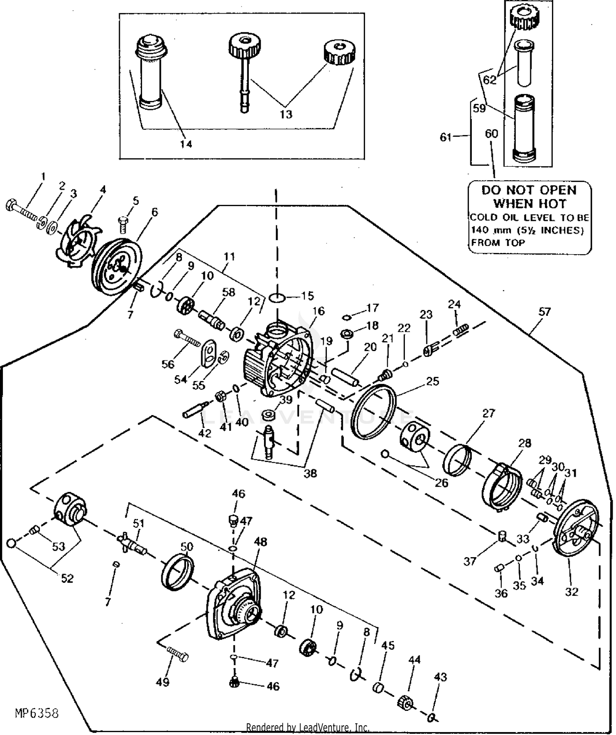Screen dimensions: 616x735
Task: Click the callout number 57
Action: click(544, 312)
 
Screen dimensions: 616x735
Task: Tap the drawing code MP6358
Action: click(37, 713)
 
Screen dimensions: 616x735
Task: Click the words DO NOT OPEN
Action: click(529, 190)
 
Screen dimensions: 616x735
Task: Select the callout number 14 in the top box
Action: click(186, 144)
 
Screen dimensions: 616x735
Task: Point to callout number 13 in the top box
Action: click(286, 114)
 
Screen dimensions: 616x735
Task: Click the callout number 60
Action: click(491, 134)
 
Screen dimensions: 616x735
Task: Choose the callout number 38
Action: click(310, 473)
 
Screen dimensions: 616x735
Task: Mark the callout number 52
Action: click(67, 578)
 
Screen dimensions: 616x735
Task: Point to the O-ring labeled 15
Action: click(278, 297)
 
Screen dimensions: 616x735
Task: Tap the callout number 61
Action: click(446, 137)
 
